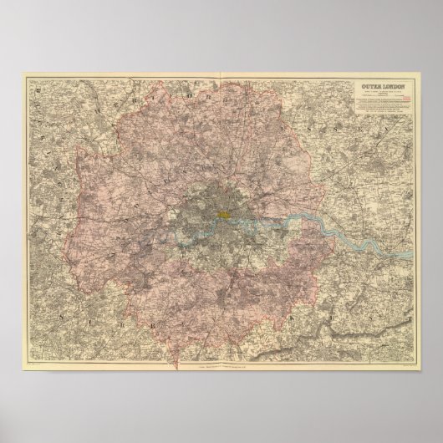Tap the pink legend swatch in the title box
pos(409,98)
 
